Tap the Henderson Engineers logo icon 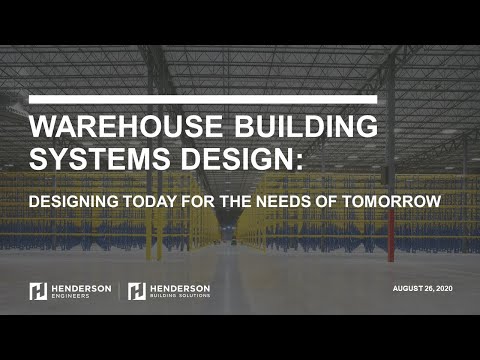pos(38,291)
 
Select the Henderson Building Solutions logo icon pos(137,291)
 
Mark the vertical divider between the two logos pos(120,291)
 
